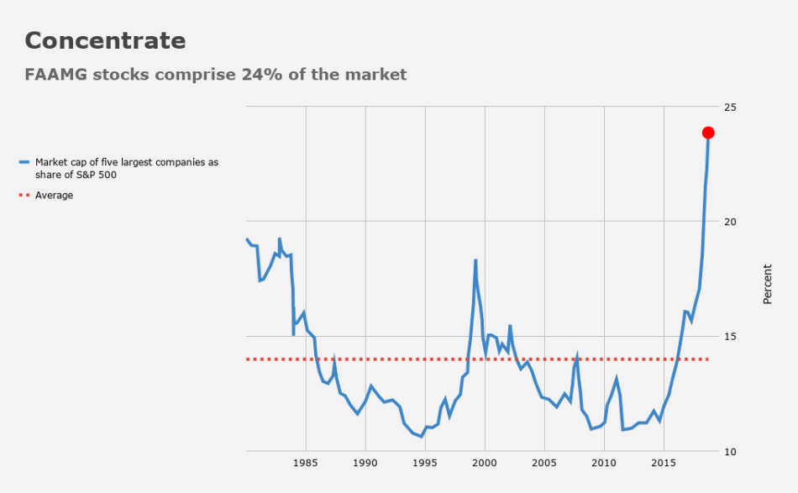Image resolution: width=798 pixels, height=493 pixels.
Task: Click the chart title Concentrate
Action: click(x=105, y=40)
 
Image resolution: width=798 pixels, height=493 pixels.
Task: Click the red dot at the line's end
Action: click(x=708, y=133)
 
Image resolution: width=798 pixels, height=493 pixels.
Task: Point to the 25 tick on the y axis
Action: click(x=729, y=108)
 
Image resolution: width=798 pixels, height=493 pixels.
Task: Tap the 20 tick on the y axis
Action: click(x=729, y=222)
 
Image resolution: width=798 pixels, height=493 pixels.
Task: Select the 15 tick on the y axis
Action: click(x=729, y=337)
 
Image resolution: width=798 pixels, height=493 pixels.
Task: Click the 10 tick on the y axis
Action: click(x=729, y=452)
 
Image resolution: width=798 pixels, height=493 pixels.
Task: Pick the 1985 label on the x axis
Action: click(x=305, y=463)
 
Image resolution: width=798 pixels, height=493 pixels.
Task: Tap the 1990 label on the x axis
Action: click(x=365, y=463)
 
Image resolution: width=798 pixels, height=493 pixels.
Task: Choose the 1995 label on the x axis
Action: click(x=425, y=463)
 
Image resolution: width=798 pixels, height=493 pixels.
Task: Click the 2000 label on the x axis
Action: click(x=485, y=463)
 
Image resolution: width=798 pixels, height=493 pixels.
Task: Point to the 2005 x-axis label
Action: click(x=544, y=463)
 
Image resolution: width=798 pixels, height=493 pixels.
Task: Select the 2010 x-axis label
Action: click(x=604, y=463)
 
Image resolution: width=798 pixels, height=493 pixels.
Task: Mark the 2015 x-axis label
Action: click(x=664, y=463)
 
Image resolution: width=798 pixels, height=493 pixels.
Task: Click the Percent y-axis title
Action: click(x=767, y=284)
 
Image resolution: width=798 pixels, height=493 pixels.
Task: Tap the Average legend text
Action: click(x=54, y=196)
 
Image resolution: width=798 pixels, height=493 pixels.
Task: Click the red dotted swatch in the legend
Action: click(x=24, y=196)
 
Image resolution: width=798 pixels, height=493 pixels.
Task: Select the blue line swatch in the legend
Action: click(x=24, y=162)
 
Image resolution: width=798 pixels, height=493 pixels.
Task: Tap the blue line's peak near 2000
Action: click(x=475, y=260)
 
